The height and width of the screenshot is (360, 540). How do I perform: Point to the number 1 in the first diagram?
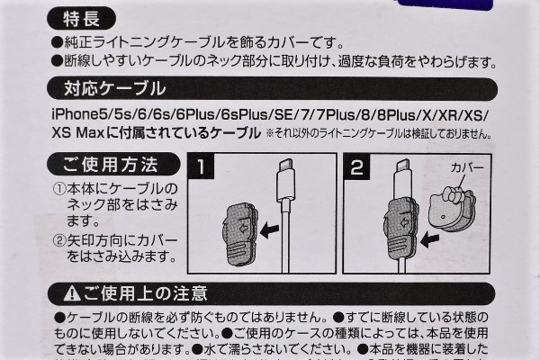[x=204, y=167]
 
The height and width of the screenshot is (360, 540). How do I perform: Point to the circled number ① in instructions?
[x=58, y=191]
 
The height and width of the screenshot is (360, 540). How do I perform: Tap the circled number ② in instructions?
[x=58, y=241]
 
